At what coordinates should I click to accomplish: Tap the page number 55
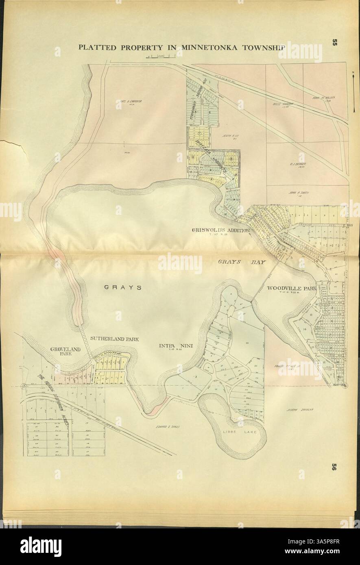[x=335, y=43]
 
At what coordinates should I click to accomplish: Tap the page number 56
[x=335, y=467]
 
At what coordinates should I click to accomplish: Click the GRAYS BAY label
[x=241, y=262]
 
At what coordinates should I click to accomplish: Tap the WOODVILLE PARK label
[x=291, y=288]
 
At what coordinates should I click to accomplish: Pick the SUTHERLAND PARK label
[x=115, y=338]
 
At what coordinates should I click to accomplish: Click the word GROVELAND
[x=65, y=349]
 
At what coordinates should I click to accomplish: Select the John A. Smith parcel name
[x=297, y=193]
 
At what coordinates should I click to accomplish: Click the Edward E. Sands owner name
[x=167, y=427]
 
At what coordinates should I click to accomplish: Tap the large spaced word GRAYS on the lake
[x=122, y=287]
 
